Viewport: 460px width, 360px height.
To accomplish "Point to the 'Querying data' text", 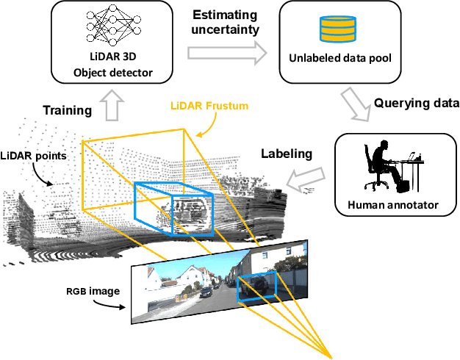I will pyautogui.click(x=417, y=104).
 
